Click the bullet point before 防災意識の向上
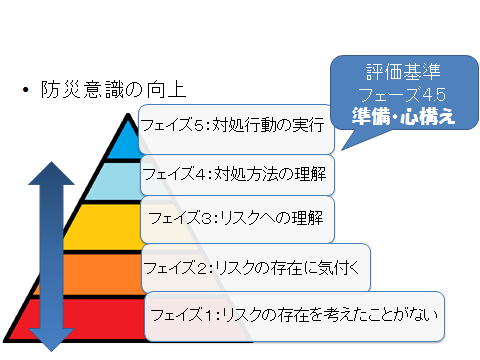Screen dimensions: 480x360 click(26, 90)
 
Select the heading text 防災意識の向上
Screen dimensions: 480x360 click(113, 90)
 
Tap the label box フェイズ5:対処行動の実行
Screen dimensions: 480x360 click(236, 129)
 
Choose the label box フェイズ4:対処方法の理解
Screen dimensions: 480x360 click(237, 175)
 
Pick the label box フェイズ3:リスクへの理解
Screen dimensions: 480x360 click(237, 219)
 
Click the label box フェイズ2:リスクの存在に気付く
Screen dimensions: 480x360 click(256, 268)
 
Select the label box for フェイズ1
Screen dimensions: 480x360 click(295, 316)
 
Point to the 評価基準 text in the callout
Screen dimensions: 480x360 click(403, 71)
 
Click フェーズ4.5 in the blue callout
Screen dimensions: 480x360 click(402, 94)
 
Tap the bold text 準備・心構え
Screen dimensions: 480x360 click(403, 116)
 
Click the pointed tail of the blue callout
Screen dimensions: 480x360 click(342, 150)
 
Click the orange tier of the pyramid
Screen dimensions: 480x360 click(90, 274)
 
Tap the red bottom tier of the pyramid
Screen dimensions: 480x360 click(83, 319)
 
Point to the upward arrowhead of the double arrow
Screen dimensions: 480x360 click(51, 173)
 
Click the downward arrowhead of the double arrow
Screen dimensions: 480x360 click(51, 340)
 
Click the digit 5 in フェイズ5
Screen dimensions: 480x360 click(199, 126)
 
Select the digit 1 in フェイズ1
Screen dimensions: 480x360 click(209, 315)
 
